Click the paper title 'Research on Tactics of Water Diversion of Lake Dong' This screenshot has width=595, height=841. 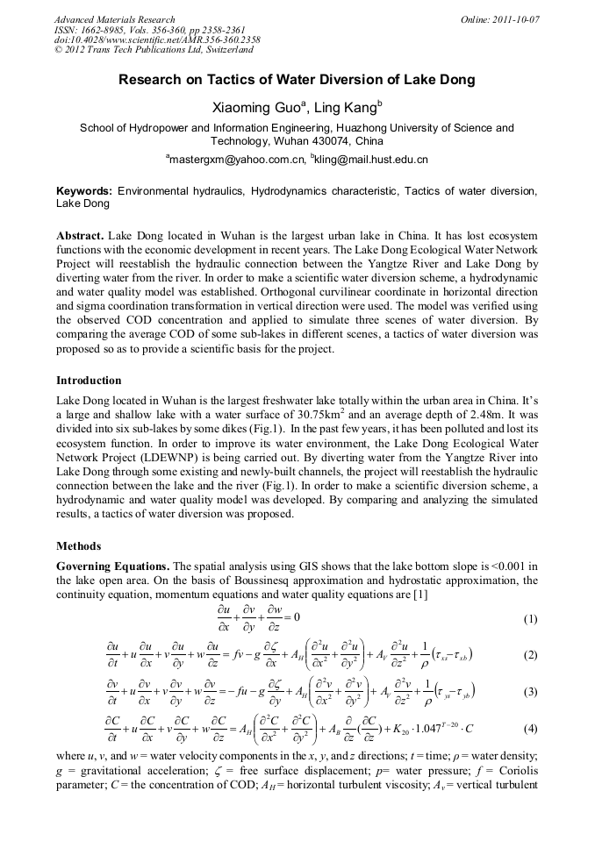(297, 80)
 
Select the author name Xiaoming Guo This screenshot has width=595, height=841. (250, 109)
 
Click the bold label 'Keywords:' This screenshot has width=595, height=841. (84, 190)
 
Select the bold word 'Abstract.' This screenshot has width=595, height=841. (81, 238)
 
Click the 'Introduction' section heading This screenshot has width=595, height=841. (89, 381)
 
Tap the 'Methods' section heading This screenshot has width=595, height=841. (78, 545)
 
